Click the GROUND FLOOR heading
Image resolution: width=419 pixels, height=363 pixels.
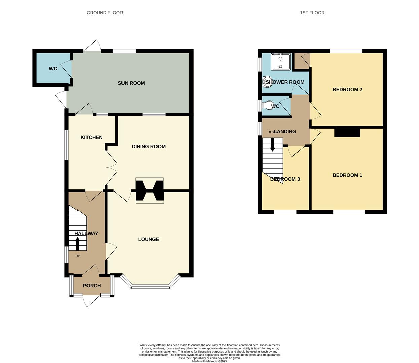[105, 13]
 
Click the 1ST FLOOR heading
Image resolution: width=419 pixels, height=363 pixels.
[312, 13]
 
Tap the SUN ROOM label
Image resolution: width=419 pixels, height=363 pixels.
[131, 83]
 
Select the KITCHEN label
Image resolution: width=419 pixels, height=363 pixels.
[92, 137]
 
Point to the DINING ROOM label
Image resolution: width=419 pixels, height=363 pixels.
[148, 146]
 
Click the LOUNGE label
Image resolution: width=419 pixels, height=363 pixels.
[148, 239]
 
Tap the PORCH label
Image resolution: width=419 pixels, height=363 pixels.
[92, 286]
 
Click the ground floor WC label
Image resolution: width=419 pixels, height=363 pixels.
[53, 69]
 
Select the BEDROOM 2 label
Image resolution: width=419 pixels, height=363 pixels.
[347, 89]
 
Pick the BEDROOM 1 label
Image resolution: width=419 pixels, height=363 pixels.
[347, 175]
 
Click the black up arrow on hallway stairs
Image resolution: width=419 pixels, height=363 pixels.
[77, 244]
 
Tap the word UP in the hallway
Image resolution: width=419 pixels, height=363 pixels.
[78, 256]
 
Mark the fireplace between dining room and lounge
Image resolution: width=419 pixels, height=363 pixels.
[149, 191]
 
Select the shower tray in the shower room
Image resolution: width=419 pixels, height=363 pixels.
[280, 62]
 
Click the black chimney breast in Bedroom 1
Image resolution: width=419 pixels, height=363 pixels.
[347, 133]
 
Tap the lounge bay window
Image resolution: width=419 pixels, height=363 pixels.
[150, 286]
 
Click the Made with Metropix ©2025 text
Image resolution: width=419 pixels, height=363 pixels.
[209, 361]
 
